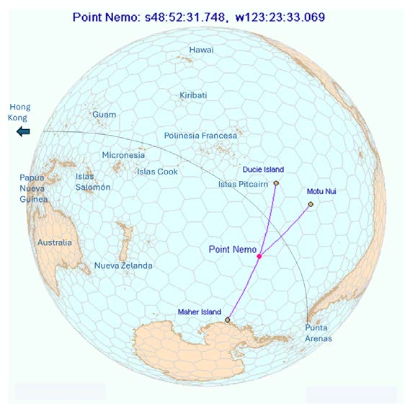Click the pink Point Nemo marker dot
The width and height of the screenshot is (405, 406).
(259, 256)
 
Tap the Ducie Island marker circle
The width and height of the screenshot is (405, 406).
(276, 183)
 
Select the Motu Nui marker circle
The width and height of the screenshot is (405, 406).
(311, 204)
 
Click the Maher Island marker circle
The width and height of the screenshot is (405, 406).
(228, 319)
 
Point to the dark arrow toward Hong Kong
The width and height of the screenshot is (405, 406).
(24, 131)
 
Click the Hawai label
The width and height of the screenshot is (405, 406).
(201, 50)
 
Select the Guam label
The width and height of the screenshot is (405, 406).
(104, 115)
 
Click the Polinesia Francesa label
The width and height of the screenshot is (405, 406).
(200, 136)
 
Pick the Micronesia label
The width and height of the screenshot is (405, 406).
(123, 155)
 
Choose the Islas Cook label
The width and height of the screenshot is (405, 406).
(156, 172)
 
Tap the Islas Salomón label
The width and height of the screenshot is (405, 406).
(93, 182)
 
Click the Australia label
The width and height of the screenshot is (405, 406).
(55, 242)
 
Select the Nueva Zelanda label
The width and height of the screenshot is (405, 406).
(123, 266)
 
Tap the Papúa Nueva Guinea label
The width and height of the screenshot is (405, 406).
(34, 189)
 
